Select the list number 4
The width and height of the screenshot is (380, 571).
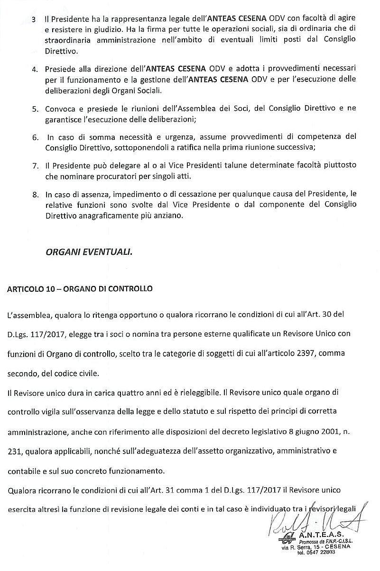point(35,69)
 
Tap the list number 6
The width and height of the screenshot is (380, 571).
point(35,137)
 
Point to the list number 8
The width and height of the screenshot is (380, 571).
point(35,194)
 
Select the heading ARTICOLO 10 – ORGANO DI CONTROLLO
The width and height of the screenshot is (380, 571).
point(80,288)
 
